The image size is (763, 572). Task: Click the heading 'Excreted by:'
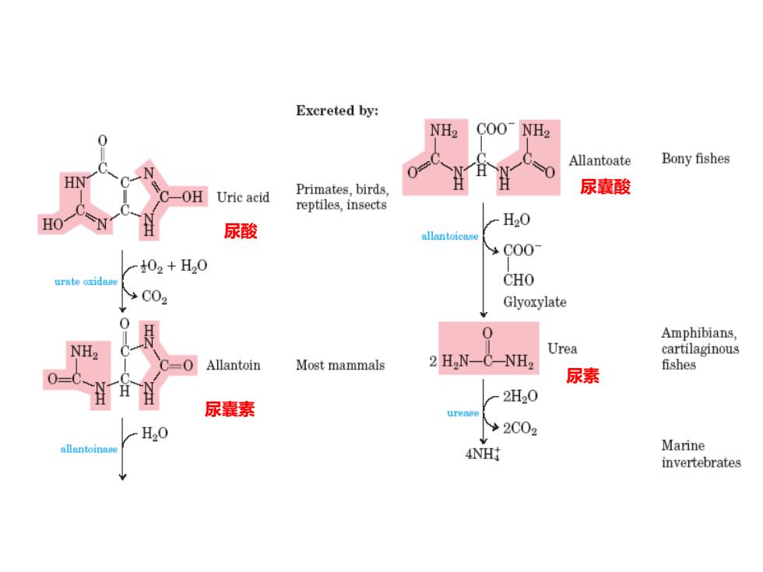point(336,111)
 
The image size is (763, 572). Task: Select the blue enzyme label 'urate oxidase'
point(86,281)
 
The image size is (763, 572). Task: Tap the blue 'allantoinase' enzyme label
point(89,449)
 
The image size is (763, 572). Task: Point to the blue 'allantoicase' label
point(450,236)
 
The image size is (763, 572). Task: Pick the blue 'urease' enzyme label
point(462,413)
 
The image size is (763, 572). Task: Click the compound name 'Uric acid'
point(243,197)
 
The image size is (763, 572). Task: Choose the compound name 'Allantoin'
point(233,365)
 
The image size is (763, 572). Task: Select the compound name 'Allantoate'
point(599,160)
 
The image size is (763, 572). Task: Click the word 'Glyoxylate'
point(535,302)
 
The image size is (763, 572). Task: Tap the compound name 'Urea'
point(562,349)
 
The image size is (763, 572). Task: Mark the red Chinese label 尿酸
point(241,231)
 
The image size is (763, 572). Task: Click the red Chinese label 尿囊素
point(230,409)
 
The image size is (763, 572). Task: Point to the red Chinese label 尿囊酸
point(606,187)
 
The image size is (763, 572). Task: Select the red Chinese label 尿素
point(582,375)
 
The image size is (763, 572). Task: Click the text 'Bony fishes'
point(695,159)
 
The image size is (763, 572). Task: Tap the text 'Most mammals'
point(340,365)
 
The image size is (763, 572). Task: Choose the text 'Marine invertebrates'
point(701,454)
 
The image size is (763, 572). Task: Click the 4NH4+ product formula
point(483,453)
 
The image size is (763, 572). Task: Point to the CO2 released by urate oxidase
point(154,297)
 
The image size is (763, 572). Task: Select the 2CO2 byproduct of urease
point(520,429)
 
